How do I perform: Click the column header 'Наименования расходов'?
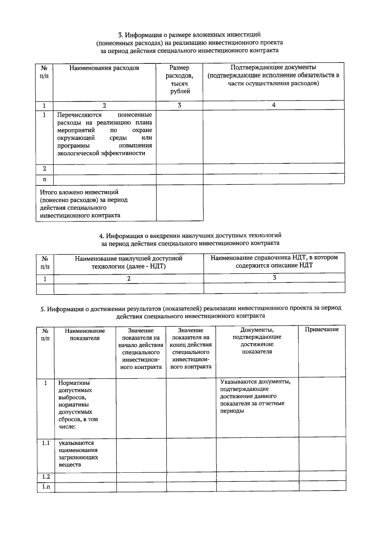(104, 68)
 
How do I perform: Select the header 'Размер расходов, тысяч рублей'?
(180, 80)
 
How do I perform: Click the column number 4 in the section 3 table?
(274, 105)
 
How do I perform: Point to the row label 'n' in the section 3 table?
(44, 179)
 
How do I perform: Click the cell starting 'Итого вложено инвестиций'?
(84, 204)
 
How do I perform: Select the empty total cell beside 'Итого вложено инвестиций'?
(180, 203)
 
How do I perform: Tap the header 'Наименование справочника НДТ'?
(274, 261)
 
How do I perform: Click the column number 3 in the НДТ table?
(274, 278)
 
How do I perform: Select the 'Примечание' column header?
(322, 329)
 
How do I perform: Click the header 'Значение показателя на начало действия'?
(141, 349)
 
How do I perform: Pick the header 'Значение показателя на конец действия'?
(191, 349)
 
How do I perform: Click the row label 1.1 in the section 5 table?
(46, 443)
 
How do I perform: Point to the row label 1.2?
(46, 476)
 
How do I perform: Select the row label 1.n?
(46, 487)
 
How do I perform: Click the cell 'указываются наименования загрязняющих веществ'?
(79, 454)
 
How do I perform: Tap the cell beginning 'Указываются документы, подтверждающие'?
(255, 396)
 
